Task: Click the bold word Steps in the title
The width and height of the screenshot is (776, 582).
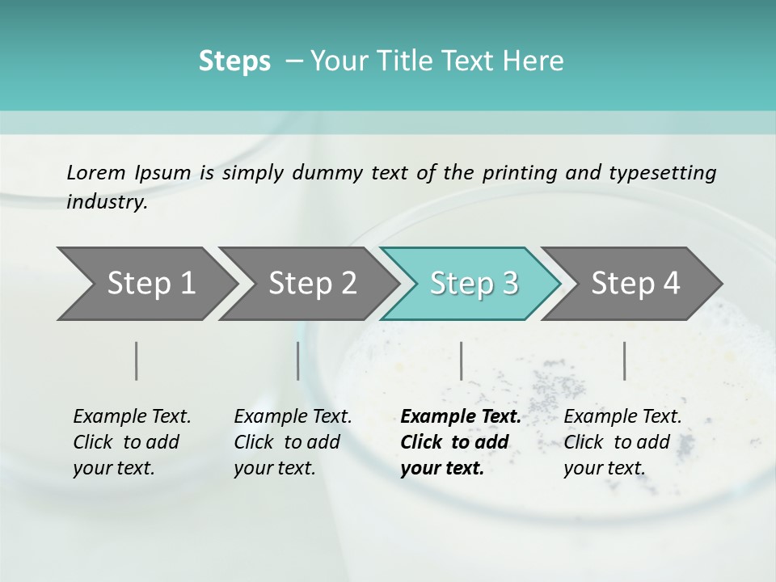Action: tap(234, 61)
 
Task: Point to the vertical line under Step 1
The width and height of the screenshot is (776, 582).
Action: tap(137, 361)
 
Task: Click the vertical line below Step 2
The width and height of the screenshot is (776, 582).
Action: tap(298, 361)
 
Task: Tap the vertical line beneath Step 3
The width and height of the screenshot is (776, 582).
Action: tap(461, 361)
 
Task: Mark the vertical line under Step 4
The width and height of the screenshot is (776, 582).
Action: tap(625, 361)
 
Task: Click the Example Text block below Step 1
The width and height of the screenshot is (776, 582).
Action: tap(132, 442)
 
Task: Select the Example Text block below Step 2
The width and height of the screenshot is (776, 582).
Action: tap(293, 442)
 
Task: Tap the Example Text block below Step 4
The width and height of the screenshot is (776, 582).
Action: tap(622, 442)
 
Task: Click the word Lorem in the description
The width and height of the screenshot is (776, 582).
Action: tap(96, 173)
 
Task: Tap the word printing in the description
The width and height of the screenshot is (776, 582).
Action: tap(518, 173)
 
